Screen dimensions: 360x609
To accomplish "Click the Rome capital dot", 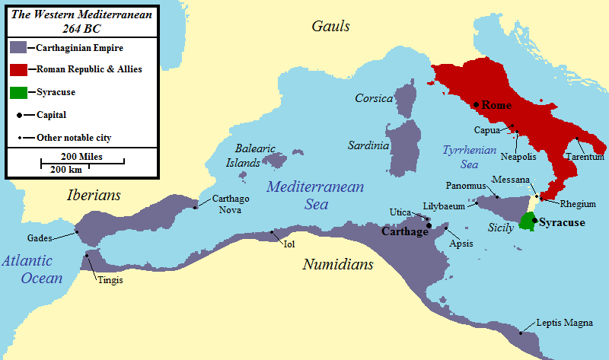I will pos(475,104).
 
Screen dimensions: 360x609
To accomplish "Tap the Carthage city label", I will pos(405,231).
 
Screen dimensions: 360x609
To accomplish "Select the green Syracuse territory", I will pos(526,221).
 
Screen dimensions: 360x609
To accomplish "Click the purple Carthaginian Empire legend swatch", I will pos(18,47).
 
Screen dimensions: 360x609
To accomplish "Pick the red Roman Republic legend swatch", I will pos(18,69).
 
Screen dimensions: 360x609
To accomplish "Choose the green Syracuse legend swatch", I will pos(18,92).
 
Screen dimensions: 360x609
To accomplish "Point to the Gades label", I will pos(40,237).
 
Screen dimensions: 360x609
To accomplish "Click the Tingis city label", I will pos(109,280).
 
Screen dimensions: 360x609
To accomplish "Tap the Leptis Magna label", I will pos(564,323).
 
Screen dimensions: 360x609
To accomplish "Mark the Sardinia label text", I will pos(369,145).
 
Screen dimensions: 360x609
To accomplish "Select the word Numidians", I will pos(338,265).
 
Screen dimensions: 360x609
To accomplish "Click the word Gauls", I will pos(330,27).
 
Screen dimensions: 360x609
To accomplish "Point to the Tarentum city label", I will pos(584,156).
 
